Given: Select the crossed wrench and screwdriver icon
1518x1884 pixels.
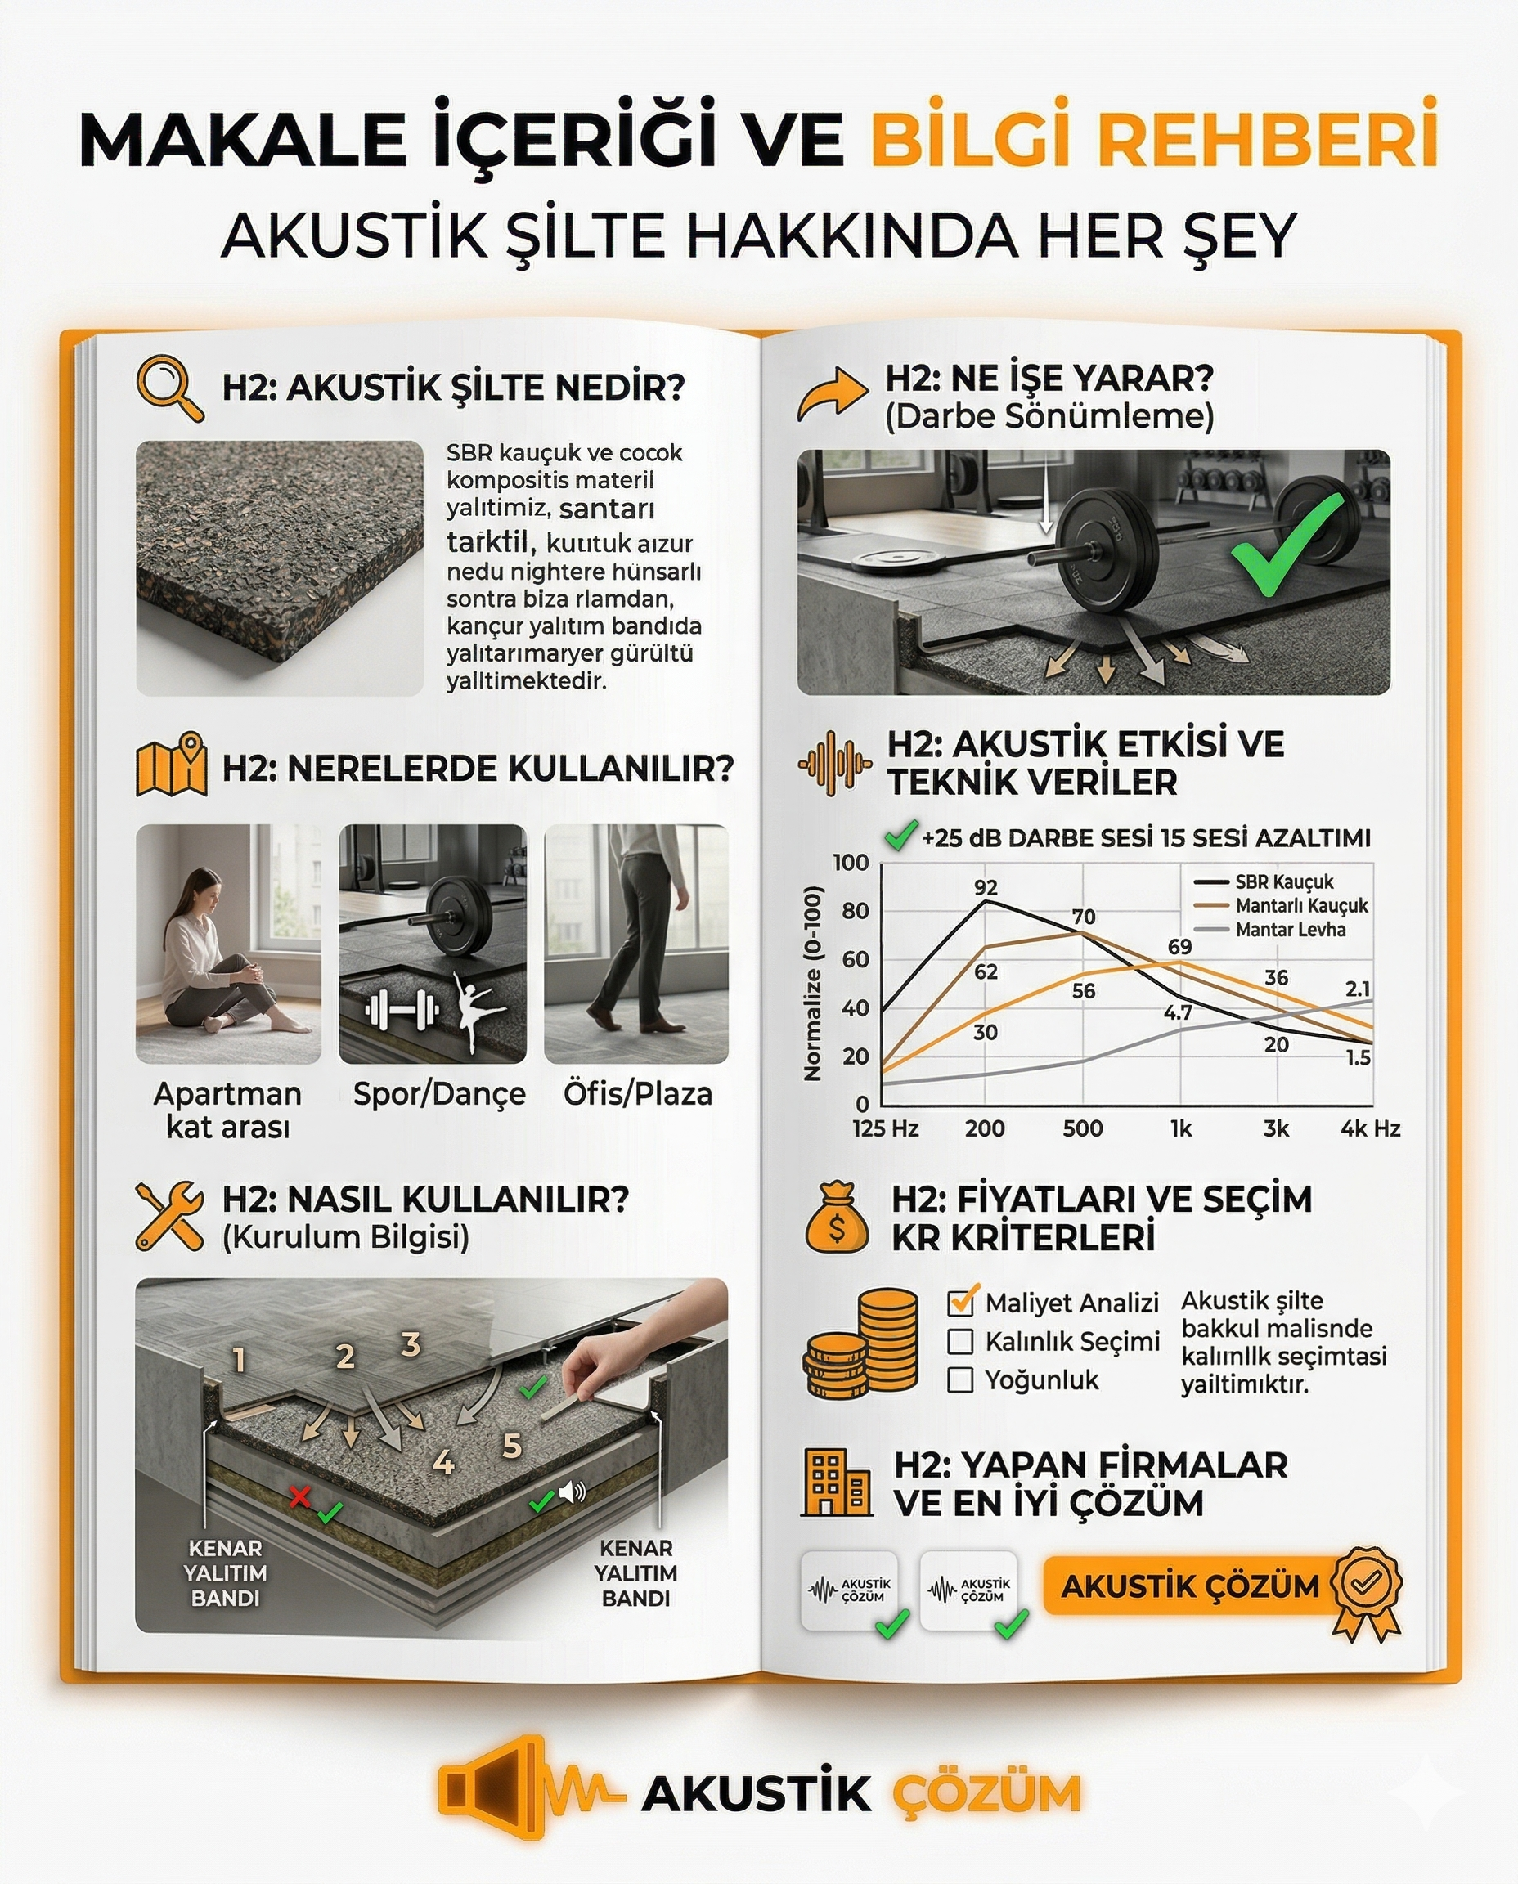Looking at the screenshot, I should pyautogui.click(x=168, y=1215).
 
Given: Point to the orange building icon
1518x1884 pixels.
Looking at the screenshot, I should pyautogui.click(x=835, y=1483).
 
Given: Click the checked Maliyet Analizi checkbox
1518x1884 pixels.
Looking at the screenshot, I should pyautogui.click(x=961, y=1303).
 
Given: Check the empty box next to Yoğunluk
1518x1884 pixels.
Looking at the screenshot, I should pyautogui.click(x=960, y=1379).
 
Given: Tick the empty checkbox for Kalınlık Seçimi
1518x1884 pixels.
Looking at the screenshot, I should pyautogui.click(x=960, y=1341).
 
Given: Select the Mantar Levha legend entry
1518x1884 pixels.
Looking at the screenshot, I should pyautogui.click(x=1289, y=929).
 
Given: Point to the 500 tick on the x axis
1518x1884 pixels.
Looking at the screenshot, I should pyautogui.click(x=1082, y=1128).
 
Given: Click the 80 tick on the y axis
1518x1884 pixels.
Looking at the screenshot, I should pyautogui.click(x=855, y=911).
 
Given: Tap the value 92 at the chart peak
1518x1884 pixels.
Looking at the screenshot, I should pyautogui.click(x=986, y=887).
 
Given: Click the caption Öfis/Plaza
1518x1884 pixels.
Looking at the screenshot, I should pyautogui.click(x=637, y=1093).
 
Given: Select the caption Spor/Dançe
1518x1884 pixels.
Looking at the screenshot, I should pyautogui.click(x=439, y=1093).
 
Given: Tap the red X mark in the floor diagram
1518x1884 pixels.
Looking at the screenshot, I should pyautogui.click(x=300, y=1496).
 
